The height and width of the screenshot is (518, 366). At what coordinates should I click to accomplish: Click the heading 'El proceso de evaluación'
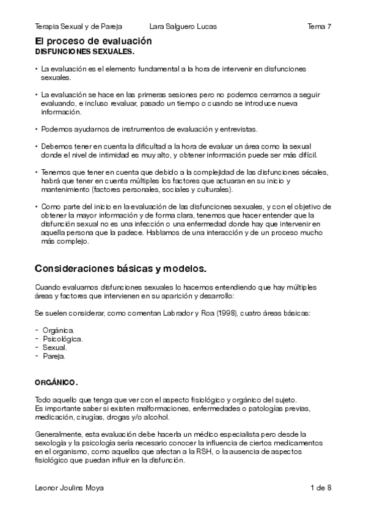coord(93,42)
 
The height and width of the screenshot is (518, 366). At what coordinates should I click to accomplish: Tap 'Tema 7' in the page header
coord(320,27)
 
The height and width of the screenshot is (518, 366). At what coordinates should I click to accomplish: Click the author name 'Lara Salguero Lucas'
coord(183,27)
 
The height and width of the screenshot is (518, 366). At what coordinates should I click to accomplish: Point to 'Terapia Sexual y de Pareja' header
coord(79,27)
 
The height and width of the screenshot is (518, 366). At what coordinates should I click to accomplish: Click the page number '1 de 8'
coord(320,487)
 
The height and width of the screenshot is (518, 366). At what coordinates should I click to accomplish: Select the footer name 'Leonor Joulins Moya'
coord(68,487)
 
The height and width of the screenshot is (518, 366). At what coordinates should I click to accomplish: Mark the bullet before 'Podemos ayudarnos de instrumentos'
coord(37,129)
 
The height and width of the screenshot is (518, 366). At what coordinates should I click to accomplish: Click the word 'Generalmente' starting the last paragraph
coord(57,434)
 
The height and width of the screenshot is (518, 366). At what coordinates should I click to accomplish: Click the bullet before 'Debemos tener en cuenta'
coord(37,147)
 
